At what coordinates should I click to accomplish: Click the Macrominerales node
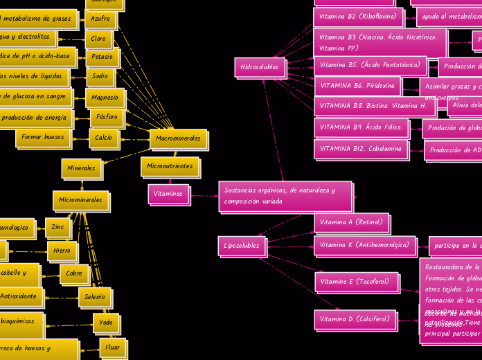click(x=178, y=138)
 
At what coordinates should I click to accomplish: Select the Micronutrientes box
click(x=170, y=166)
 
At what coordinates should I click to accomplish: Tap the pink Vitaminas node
click(x=168, y=194)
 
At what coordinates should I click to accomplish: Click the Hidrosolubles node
click(x=260, y=67)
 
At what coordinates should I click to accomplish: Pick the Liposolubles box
click(x=242, y=246)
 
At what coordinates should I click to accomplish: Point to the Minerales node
click(x=82, y=168)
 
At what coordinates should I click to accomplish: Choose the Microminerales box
click(x=80, y=200)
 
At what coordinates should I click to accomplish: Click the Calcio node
click(x=103, y=138)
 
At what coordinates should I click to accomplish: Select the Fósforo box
click(x=107, y=118)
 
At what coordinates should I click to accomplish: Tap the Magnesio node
click(x=105, y=98)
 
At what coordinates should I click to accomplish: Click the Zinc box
click(x=57, y=227)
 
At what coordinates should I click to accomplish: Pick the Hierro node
click(x=62, y=251)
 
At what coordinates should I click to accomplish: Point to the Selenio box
click(x=94, y=297)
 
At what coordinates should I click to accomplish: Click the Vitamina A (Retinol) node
click(x=351, y=222)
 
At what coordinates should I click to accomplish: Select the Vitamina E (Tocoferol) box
click(x=356, y=282)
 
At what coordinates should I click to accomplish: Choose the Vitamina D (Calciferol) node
click(x=355, y=319)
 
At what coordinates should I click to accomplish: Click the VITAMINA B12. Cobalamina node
click(x=361, y=149)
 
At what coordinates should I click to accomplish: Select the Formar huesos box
click(x=43, y=137)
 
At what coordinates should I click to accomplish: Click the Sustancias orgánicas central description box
click(x=285, y=196)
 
